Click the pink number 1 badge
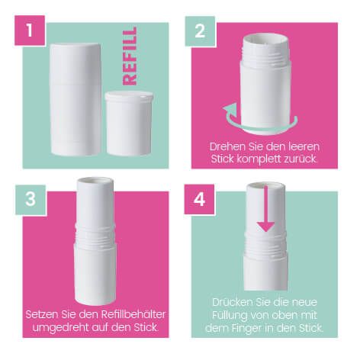pos(30,31)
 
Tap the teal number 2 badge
pos(200,31)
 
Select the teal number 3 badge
pos(31,200)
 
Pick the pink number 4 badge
pos(199,200)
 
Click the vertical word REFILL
pos(130,56)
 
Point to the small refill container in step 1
pos(129,123)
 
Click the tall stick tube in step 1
pos(76,99)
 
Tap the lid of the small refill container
pos(129,96)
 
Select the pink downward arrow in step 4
pos(265,209)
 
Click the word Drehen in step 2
pos(225,147)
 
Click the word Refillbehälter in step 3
pos(133,314)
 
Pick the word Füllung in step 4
pos(230,316)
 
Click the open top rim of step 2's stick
pos(265,39)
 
